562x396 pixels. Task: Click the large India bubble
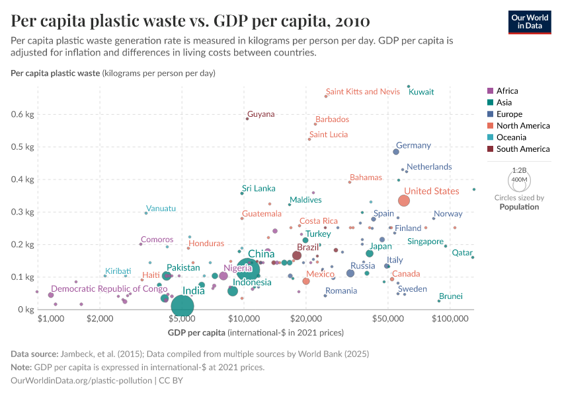click(182, 306)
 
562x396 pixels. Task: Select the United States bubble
click(404, 201)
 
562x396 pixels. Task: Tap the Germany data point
click(396, 152)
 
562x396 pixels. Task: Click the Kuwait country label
click(421, 92)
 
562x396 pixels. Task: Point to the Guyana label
click(261, 114)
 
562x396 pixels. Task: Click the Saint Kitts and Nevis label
click(363, 92)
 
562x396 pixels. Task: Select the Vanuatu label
click(161, 209)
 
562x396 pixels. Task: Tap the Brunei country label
click(451, 296)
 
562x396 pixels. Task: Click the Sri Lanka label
click(259, 189)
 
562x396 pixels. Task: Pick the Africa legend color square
click(489, 91)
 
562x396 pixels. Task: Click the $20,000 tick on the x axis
click(305, 319)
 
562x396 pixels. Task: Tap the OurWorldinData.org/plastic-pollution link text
click(81, 381)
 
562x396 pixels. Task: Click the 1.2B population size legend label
click(519, 170)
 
